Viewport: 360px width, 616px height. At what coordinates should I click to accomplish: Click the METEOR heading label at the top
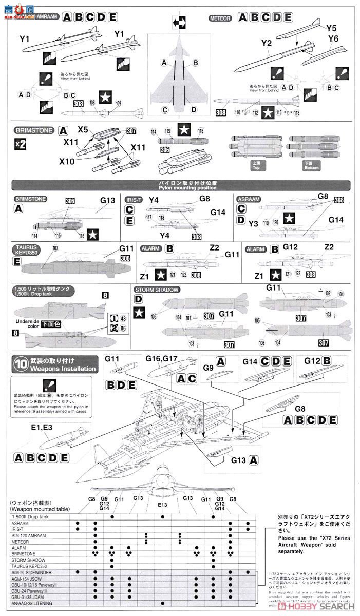(x=221, y=18)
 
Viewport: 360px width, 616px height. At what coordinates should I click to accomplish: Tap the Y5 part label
(x=331, y=28)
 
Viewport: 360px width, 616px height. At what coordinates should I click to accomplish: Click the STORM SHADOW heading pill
(x=157, y=290)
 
